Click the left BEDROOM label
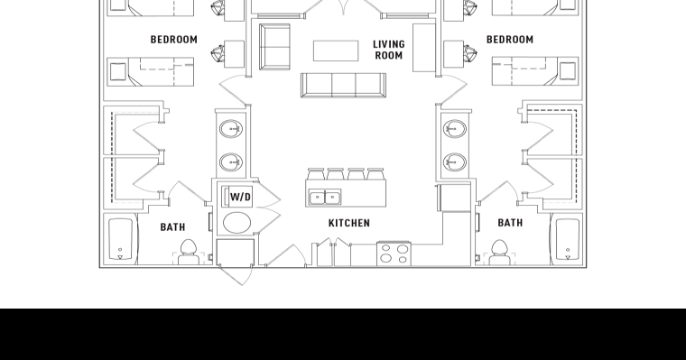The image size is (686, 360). pos(173,40)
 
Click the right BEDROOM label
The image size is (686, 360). pos(509,40)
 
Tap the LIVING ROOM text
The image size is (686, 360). pos(388,50)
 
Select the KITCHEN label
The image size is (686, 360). pos(348,223)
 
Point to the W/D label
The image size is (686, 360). pos(240,197)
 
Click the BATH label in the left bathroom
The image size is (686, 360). pos(172,227)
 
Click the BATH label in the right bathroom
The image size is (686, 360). pos(510,223)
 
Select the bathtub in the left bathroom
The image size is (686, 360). pos(120,239)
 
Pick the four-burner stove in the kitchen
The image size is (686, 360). pos(394,253)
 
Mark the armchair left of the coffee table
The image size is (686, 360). pos(274,46)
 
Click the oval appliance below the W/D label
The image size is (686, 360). pos(238,224)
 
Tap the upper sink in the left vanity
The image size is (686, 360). pos(231,130)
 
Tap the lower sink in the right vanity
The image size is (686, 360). pos(454,163)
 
